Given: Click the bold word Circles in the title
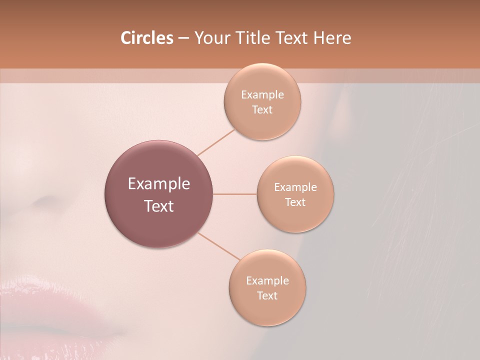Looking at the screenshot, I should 146,38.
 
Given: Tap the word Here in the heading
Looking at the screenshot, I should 332,38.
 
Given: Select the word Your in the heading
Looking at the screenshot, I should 209,38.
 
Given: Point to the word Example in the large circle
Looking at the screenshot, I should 159,184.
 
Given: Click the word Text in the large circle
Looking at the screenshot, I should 159,206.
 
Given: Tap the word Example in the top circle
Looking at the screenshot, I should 262,95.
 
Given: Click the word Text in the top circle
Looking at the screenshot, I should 262,109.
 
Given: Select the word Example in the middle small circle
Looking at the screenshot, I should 295,187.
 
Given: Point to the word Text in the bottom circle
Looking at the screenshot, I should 267,295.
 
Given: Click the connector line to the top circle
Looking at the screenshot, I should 216,142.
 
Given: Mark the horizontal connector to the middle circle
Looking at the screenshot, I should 234,194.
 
